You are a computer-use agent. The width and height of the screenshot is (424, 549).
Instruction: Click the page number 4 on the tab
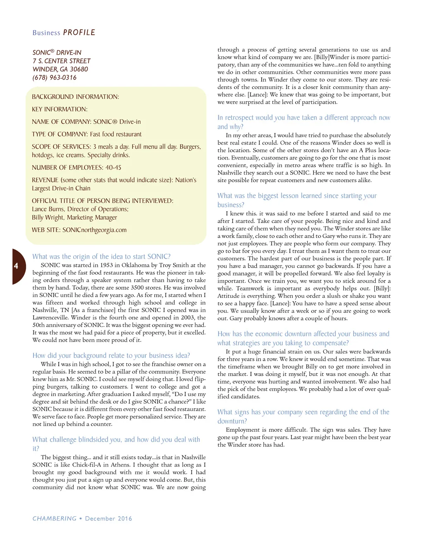pyautogui.click(x=16, y=266)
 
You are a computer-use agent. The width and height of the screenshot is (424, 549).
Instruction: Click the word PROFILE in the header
pyautogui.click(x=79, y=33)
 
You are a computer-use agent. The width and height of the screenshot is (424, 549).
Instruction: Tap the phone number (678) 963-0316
pyautogui.click(x=55, y=77)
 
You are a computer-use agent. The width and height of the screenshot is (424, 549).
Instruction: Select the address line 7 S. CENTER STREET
pyautogui.click(x=61, y=61)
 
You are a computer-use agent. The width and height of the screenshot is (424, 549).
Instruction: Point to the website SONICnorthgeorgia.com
pyautogui.click(x=94, y=230)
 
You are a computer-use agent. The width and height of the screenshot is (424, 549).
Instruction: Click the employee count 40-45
pyautogui.click(x=113, y=167)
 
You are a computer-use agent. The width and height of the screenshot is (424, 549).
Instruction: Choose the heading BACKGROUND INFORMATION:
pyautogui.click(x=75, y=97)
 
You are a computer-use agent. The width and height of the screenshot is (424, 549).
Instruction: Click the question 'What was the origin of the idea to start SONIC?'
pyautogui.click(x=101, y=256)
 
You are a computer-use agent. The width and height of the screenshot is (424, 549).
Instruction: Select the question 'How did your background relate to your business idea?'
pyautogui.click(x=111, y=356)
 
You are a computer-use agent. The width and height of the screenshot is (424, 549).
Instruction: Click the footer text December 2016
pyautogui.click(x=108, y=518)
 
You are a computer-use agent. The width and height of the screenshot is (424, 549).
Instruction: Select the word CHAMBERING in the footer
pyautogui.click(x=55, y=518)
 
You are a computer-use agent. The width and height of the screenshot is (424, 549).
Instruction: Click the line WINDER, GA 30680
pyautogui.click(x=60, y=69)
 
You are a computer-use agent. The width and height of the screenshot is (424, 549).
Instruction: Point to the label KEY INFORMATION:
pyautogui.click(x=60, y=109)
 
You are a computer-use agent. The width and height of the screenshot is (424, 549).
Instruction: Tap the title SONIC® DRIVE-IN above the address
pyautogui.click(x=57, y=53)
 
